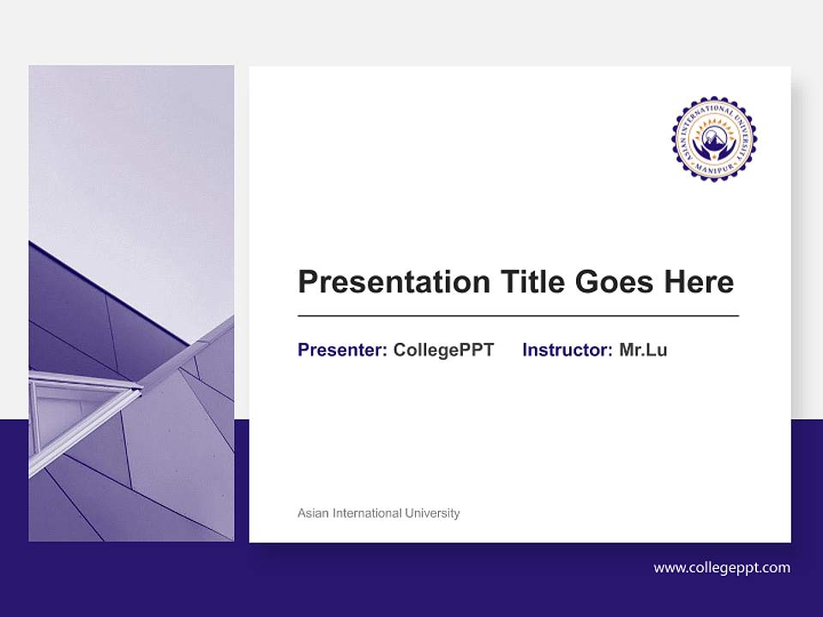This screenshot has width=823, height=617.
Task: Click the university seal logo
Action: click(713, 139)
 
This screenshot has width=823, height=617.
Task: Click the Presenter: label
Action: click(342, 350)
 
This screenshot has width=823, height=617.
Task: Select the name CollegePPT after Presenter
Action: click(443, 350)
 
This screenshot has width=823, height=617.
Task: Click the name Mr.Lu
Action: click(643, 350)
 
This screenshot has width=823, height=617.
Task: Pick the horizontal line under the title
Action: click(518, 316)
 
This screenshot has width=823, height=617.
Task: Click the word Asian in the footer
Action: click(312, 513)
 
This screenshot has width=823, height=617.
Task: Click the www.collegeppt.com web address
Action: click(722, 567)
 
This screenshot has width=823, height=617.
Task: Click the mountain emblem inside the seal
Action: click(713, 135)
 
